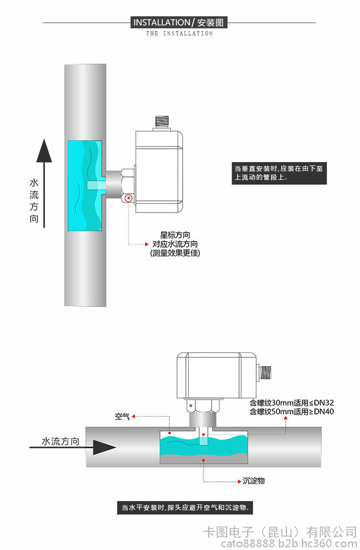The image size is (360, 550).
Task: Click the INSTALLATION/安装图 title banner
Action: coord(180,23)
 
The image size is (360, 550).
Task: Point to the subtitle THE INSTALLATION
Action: coord(179,33)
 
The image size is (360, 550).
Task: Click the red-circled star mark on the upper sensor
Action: coord(128,199)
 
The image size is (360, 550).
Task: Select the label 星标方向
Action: coord(175,235)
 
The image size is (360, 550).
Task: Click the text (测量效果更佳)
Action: coord(175,253)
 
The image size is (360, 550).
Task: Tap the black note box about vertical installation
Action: coord(279,172)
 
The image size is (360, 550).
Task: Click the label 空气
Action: coord(123,416)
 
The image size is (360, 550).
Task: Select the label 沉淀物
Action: coord(254,481)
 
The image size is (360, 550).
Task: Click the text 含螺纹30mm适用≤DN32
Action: coord(292,403)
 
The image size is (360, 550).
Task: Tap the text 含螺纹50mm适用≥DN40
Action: coord(292,412)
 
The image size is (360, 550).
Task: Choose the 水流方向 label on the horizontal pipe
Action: coord(61,442)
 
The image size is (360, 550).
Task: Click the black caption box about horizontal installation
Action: coord(185,508)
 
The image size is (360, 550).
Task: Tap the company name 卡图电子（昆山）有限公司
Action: coord(279,532)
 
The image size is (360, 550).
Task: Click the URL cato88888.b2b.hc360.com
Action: coord(279,543)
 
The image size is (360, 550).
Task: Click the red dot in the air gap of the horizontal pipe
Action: coord(169,433)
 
